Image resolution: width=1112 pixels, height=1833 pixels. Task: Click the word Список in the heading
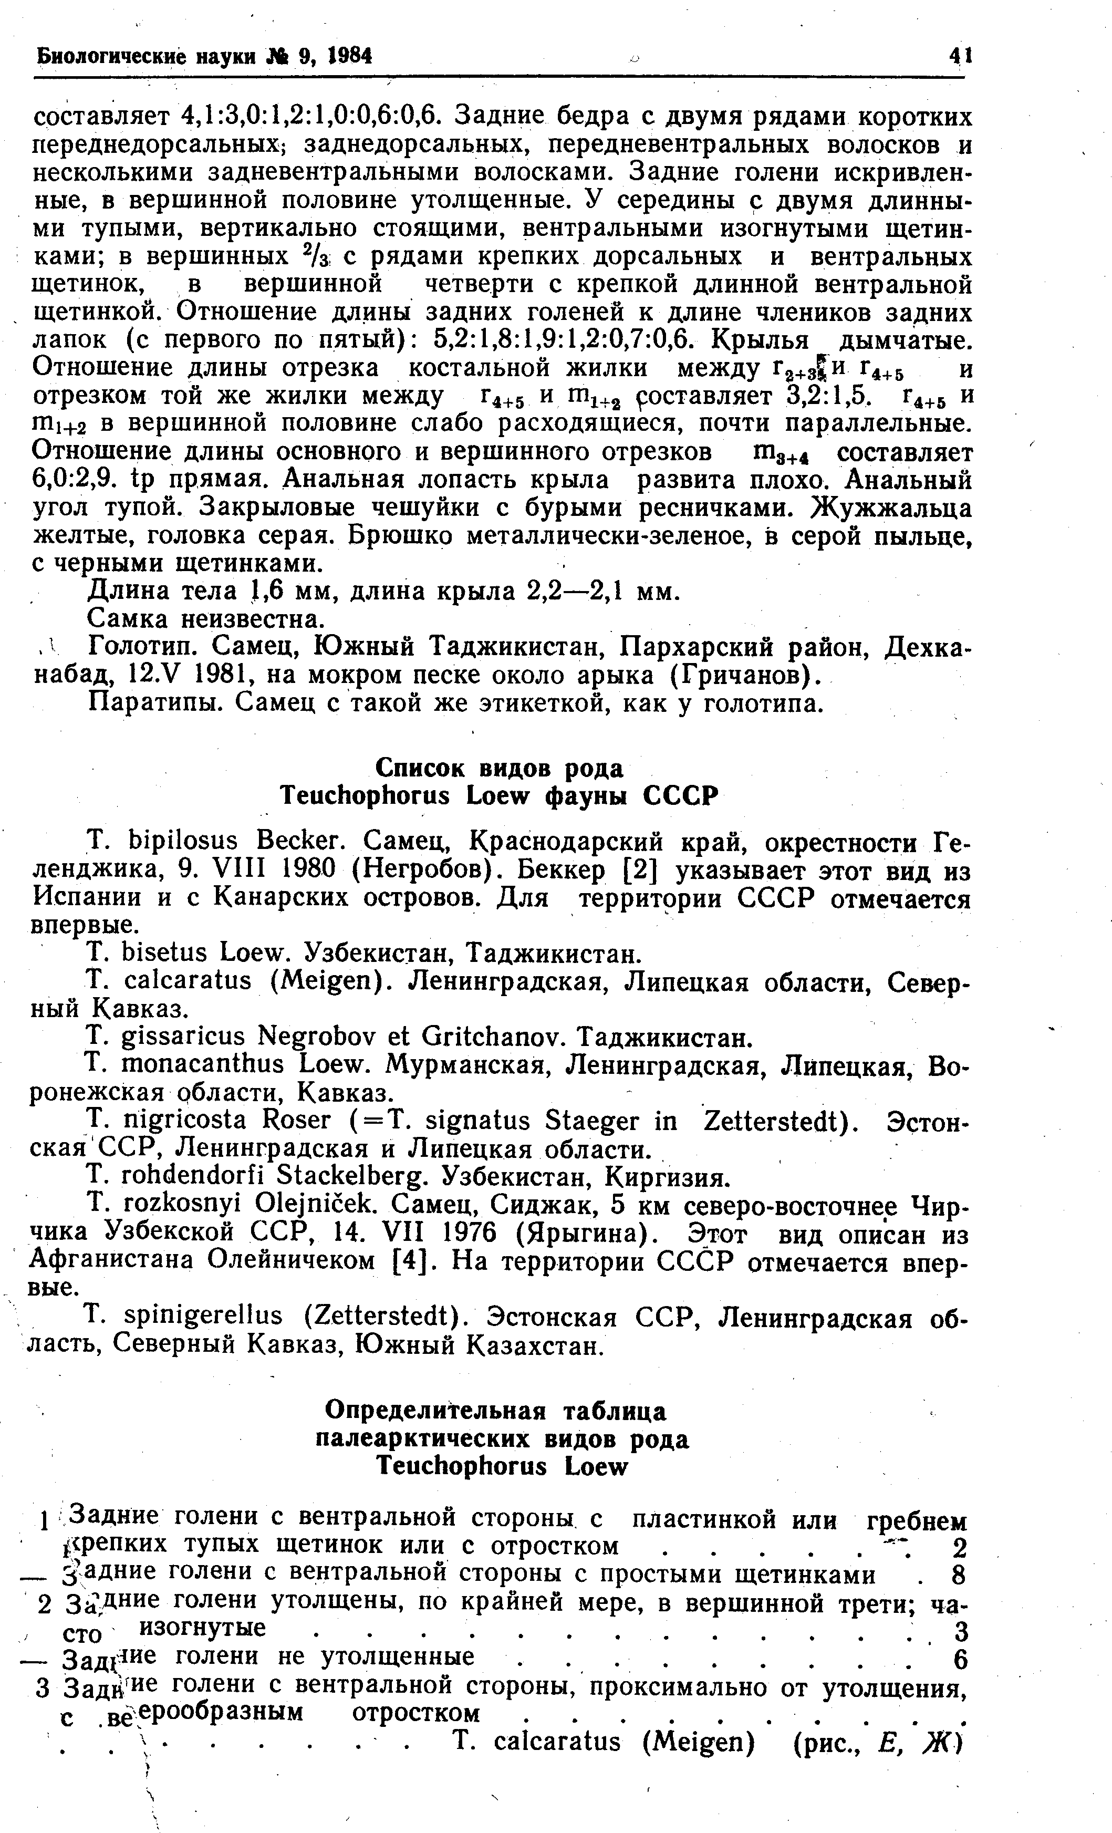tap(420, 767)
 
